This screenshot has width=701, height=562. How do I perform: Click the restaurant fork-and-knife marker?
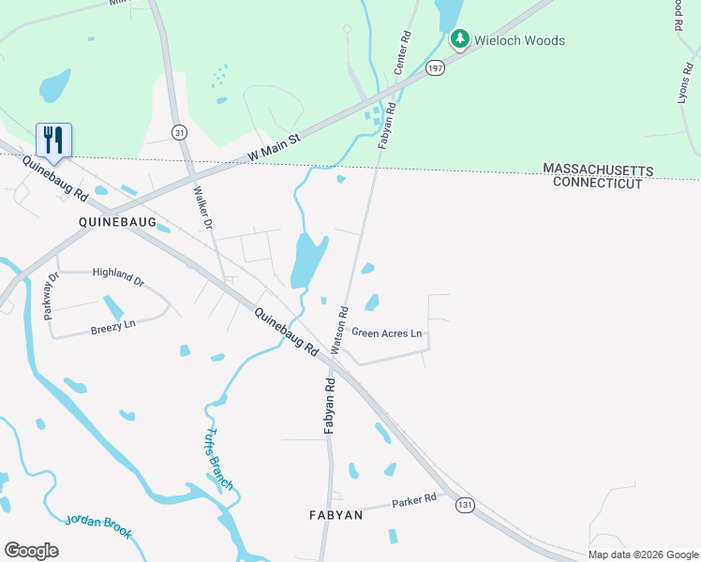pos(53,140)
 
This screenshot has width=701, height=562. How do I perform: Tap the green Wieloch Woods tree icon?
pos(459,39)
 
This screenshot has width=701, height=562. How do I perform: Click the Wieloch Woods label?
pos(520,40)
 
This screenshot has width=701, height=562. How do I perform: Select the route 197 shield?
pos(434,67)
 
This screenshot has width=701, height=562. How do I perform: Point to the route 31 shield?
pos(179,133)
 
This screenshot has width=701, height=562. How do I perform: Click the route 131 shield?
pos(465,505)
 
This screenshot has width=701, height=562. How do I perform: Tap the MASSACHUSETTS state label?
pos(598,169)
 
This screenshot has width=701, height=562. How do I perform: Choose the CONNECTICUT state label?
pos(598,183)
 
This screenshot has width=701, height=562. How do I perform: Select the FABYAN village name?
pos(336,515)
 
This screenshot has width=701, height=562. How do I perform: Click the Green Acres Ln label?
pos(387,333)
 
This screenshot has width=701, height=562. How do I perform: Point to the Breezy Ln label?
pos(113,329)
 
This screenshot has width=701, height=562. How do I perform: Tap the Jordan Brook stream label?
pos(99,527)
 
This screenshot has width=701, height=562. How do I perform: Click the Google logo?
pos(31,551)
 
